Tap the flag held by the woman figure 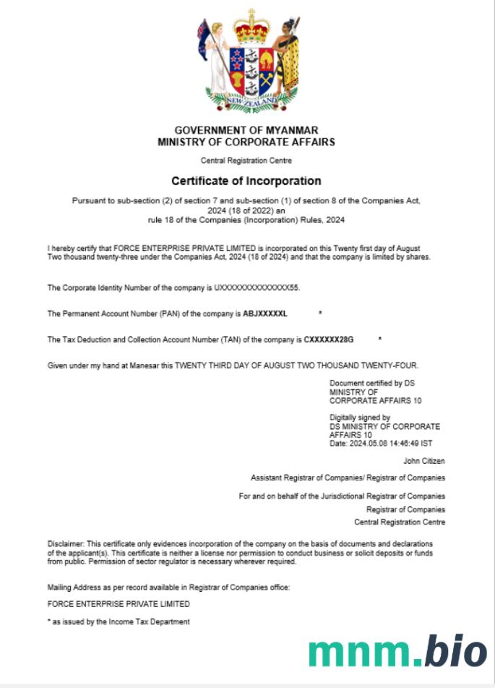[x=204, y=31]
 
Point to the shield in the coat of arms [x=251, y=68]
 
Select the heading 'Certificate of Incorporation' [x=246, y=181]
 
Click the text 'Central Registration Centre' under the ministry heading [x=246, y=160]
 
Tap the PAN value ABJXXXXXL [x=265, y=314]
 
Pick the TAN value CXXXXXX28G [x=328, y=339]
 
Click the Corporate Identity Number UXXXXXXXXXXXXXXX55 [x=256, y=288]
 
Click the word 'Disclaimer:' [x=65, y=543]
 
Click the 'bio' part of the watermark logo [x=455, y=650]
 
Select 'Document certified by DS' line [x=372, y=383]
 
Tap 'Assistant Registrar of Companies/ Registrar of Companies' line [x=348, y=477]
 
